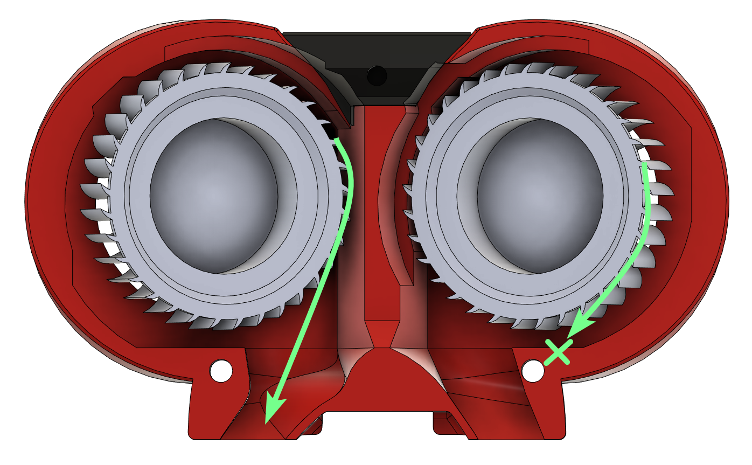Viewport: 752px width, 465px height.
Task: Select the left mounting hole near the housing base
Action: [x=221, y=371]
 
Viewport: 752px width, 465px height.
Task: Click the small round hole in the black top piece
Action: [x=377, y=75]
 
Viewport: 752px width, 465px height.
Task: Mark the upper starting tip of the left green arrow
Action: [x=337, y=140]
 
